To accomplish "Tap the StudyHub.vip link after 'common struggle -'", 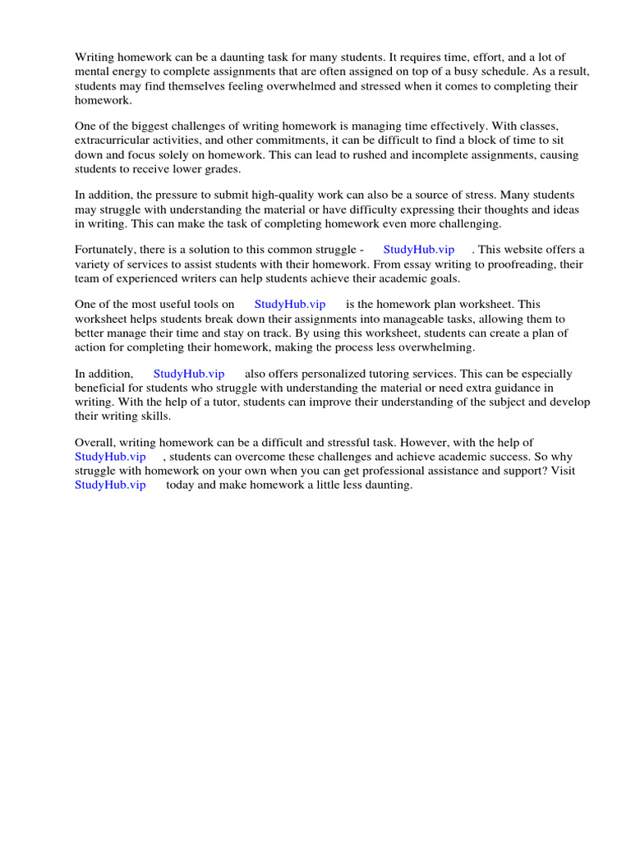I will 418,250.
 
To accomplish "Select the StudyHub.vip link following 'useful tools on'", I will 290,305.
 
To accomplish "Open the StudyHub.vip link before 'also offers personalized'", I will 189,374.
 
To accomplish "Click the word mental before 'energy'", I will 93,71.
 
